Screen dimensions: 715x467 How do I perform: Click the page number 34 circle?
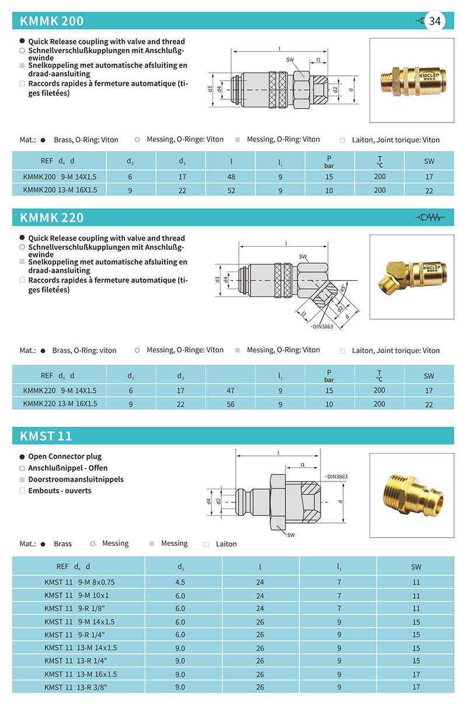point(435,21)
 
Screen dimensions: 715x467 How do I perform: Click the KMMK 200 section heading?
point(52,22)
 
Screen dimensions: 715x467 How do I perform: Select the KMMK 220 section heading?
point(52,218)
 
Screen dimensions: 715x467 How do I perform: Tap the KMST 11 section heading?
point(46,436)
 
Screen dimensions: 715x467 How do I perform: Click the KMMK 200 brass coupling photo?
point(411,80)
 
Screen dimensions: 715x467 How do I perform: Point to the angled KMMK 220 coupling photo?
point(411,277)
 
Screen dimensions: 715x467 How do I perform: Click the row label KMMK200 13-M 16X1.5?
point(60,190)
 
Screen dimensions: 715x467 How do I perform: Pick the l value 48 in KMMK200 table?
point(231,176)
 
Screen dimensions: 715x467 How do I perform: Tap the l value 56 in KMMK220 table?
point(231,404)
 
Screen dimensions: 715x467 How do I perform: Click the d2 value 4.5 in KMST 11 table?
point(180,582)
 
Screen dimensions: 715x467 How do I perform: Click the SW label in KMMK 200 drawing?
point(290,60)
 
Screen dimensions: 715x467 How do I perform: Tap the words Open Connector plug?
point(65,456)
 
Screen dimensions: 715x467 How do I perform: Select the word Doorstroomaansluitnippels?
point(76,479)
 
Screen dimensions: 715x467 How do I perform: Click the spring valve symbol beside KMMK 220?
point(430,218)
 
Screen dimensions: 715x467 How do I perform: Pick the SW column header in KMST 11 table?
point(416,566)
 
